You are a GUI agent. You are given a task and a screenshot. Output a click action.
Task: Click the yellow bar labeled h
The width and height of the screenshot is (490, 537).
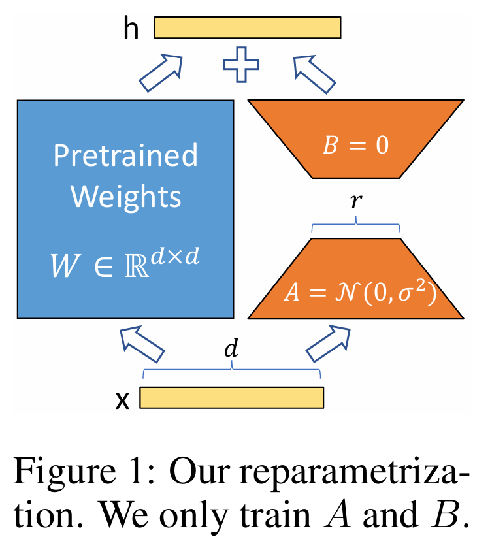click(248, 27)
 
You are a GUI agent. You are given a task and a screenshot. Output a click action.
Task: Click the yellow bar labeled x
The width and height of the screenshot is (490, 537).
click(232, 397)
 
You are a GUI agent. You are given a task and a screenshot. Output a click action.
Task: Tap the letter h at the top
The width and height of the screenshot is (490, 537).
click(132, 29)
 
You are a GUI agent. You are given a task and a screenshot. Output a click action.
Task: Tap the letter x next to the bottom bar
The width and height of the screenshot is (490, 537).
click(122, 399)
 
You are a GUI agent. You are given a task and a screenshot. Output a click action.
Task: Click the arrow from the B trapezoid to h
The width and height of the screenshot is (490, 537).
click(316, 73)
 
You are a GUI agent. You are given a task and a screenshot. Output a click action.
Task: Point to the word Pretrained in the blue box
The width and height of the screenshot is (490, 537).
click(125, 156)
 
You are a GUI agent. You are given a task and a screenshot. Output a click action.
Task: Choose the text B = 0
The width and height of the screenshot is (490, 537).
click(356, 145)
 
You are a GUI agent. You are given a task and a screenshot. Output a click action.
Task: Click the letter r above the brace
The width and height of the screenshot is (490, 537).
click(355, 204)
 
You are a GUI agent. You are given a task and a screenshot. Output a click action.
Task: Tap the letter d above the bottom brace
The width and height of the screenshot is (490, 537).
click(231, 350)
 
